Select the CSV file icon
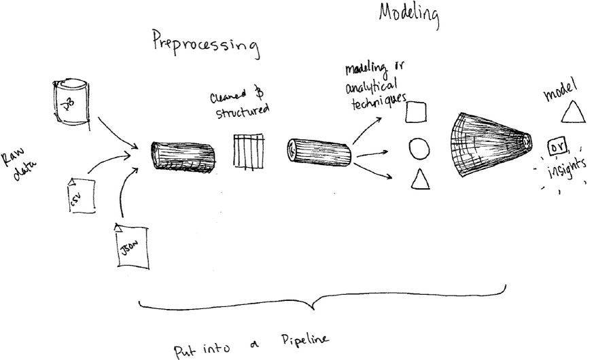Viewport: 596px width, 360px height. point(79,196)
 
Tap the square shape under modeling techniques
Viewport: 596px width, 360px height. point(416,112)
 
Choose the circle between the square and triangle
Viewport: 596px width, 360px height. point(419,148)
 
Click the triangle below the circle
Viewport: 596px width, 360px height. point(420,179)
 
